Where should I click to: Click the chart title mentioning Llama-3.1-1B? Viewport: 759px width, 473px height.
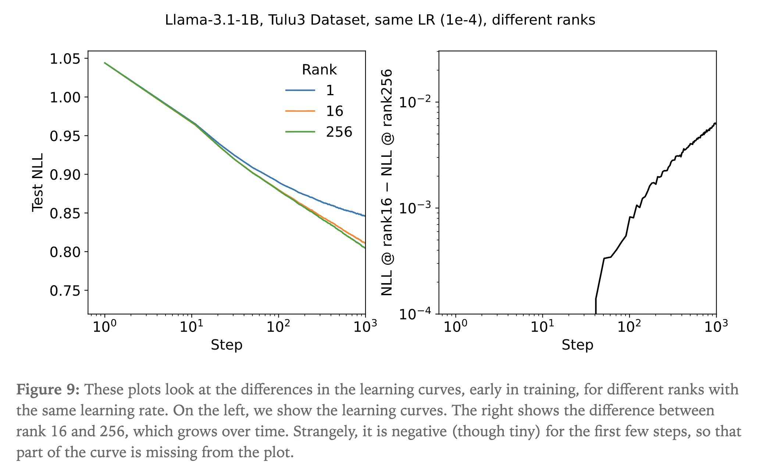tap(380, 20)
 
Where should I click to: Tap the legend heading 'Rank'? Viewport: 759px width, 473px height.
tap(319, 70)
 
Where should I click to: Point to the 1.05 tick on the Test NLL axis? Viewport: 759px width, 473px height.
tap(65, 58)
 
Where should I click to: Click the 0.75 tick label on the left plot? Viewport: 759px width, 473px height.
tap(65, 291)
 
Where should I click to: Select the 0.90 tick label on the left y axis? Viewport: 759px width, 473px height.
tap(65, 175)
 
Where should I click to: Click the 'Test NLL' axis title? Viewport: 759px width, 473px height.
tap(38, 183)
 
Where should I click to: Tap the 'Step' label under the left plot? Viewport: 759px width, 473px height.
tap(227, 345)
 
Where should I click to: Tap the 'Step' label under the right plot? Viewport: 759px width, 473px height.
tap(577, 345)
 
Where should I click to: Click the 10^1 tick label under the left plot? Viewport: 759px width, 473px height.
tap(191, 326)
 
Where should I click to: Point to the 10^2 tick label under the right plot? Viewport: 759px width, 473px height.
tap(629, 326)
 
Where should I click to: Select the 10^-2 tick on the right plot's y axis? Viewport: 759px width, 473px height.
tap(416, 102)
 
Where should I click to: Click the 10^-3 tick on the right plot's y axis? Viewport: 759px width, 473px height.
tap(416, 208)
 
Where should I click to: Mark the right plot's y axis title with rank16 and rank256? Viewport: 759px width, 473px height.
tap(387, 183)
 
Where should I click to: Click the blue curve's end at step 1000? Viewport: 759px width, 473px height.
tap(364, 216)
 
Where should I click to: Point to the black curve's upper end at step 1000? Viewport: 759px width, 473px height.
tap(715, 123)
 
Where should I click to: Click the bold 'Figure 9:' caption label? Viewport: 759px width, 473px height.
tap(48, 389)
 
